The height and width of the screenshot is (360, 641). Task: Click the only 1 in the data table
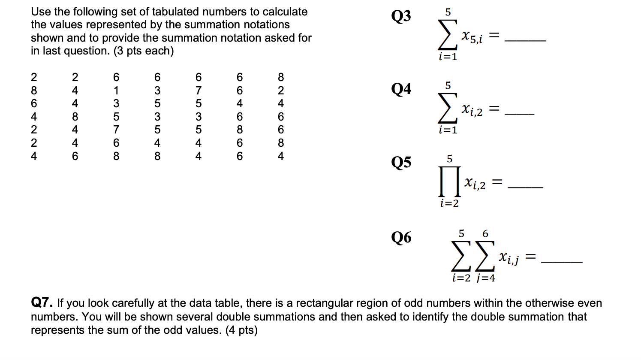coord(116,91)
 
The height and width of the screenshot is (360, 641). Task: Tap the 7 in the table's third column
coord(116,130)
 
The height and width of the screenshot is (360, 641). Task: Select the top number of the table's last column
coord(281,77)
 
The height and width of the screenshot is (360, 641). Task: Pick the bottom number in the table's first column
coord(34,156)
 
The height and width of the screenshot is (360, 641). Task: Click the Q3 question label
coord(401,16)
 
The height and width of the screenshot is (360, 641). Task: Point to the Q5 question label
coord(401,162)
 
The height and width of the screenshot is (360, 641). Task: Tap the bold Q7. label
coord(42,303)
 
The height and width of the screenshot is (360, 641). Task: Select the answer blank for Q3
coord(525,40)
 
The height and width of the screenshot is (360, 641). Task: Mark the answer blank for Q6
coord(562,261)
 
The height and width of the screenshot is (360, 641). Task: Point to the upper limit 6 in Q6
coord(485,234)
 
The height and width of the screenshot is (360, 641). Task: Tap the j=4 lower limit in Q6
coord(486,278)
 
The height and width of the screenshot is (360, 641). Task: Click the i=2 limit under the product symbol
coord(449,203)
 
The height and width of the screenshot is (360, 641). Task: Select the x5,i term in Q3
coord(472,37)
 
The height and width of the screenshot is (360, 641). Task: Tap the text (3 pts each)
coord(144,51)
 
